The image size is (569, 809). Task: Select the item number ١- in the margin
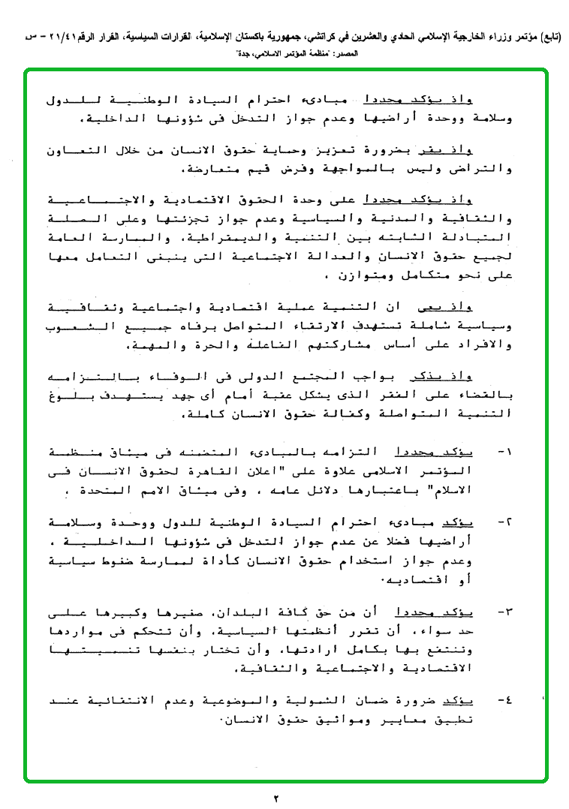(x=504, y=453)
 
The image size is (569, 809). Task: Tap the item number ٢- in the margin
(x=504, y=522)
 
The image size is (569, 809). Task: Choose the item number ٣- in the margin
(x=504, y=612)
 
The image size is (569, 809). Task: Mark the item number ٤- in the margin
(x=504, y=701)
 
